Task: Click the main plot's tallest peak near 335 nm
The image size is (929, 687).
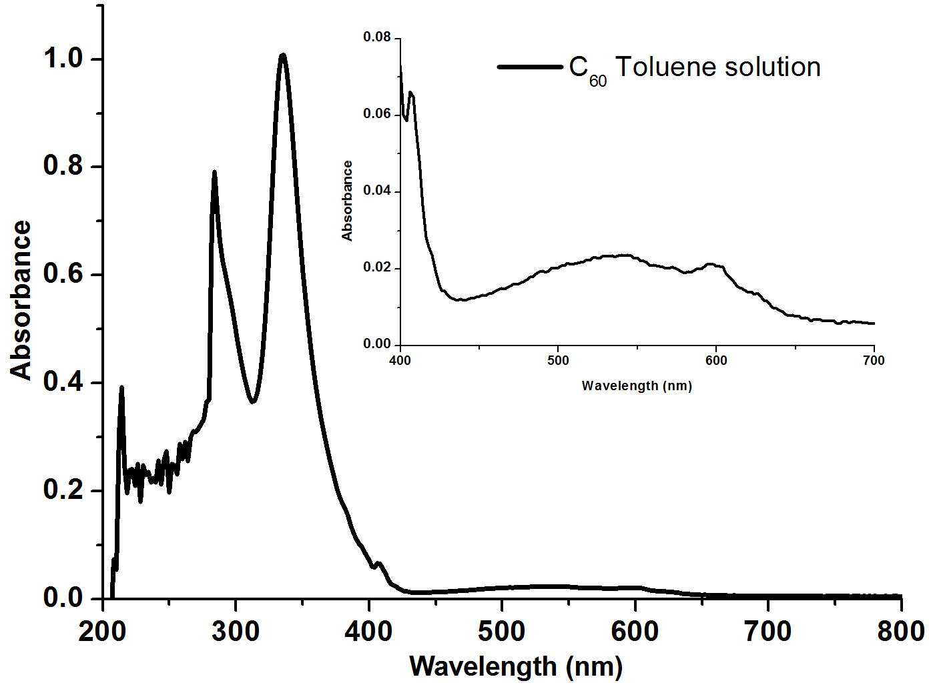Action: (283, 56)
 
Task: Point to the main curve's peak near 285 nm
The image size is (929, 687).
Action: (214, 173)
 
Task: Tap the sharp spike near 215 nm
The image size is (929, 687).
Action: (121, 388)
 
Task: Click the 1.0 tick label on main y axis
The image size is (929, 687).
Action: (63, 59)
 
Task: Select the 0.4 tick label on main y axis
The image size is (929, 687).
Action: (63, 382)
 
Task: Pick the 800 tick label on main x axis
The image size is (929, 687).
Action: (900, 631)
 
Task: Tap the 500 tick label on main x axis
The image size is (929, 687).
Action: (501, 631)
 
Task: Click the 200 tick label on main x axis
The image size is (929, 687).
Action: (102, 631)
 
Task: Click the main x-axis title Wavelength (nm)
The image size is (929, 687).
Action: (516, 666)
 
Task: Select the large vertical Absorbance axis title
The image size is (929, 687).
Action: (21, 300)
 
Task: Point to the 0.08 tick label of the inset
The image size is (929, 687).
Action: (376, 37)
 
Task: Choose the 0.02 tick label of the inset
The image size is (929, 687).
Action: (376, 267)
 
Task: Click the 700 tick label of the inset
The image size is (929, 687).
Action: (874, 361)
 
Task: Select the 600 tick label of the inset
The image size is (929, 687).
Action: (716, 361)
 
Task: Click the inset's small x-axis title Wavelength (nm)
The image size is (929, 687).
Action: (637, 386)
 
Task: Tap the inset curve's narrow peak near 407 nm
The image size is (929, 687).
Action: (411, 93)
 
